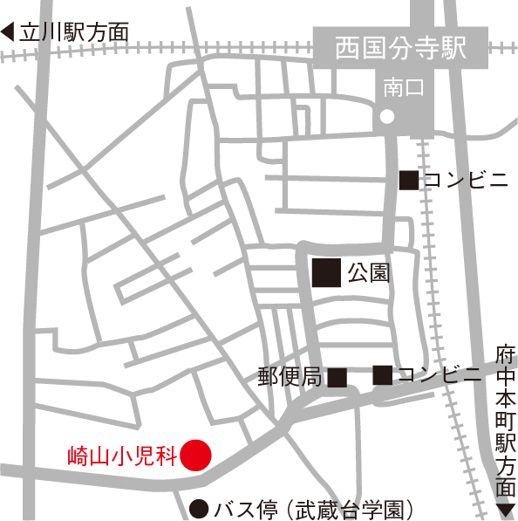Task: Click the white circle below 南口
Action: click(387, 117)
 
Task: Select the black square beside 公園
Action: click(327, 273)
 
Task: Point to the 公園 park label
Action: click(367, 273)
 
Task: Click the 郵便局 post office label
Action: click(290, 377)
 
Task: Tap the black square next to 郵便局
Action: click(337, 377)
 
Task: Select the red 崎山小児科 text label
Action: click(123, 455)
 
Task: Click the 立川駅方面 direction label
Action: click(74, 33)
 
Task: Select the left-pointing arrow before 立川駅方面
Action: click(9, 33)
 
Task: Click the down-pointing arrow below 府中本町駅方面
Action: click(505, 509)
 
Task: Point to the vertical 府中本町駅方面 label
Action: click(505, 420)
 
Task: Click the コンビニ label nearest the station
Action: click(466, 180)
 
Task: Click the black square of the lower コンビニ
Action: click(382, 375)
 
